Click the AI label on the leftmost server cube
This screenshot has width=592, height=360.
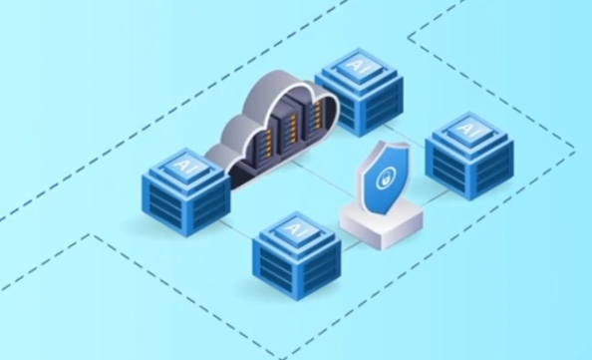184,166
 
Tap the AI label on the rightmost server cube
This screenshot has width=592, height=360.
467,129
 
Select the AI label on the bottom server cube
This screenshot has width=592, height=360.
295,229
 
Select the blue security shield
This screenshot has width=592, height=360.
384,179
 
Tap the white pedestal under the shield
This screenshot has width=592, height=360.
382,225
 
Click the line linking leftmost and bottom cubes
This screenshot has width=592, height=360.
235,228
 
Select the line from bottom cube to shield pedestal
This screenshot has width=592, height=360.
351,246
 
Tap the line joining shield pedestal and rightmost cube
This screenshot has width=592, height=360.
435,197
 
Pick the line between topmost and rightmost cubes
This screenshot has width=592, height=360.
404,135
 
